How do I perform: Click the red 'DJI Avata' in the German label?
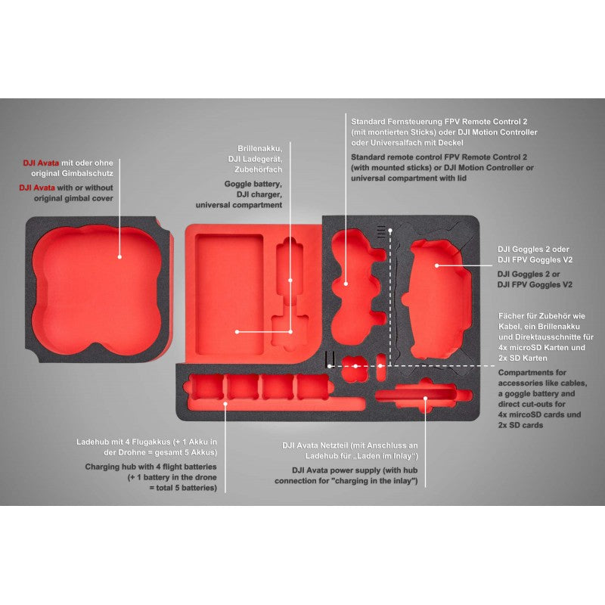click(x=41, y=163)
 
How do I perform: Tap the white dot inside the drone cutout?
click(x=119, y=257)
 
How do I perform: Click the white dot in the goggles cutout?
click(x=437, y=265)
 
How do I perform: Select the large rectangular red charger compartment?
click(x=229, y=294)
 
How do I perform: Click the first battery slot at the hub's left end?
click(x=206, y=386)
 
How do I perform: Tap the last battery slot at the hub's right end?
click(x=312, y=386)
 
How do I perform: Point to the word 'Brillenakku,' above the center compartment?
click(x=259, y=148)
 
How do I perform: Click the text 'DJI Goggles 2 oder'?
click(x=533, y=250)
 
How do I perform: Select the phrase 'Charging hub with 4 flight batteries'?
click(x=150, y=467)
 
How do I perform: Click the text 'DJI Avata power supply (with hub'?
click(x=355, y=470)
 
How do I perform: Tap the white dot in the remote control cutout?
click(x=346, y=284)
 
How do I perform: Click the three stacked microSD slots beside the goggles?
click(x=381, y=231)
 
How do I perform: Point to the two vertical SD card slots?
click(x=329, y=358)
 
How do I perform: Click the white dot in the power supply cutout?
click(x=425, y=399)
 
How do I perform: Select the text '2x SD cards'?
click(x=520, y=425)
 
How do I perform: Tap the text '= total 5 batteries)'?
click(x=183, y=488)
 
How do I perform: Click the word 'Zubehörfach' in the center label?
click(x=258, y=169)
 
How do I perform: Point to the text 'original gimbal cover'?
click(x=73, y=198)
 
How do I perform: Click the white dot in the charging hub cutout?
click(x=225, y=404)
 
